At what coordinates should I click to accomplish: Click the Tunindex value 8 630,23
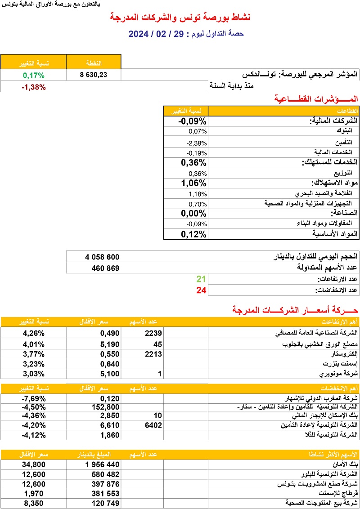pyautogui.click(x=94, y=75)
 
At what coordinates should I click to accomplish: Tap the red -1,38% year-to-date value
pyautogui.click(x=34, y=87)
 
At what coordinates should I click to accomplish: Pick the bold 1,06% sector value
pyautogui.click(x=193, y=183)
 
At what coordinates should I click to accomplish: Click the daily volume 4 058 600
pyautogui.click(x=102, y=257)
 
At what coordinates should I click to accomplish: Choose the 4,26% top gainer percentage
pyautogui.click(x=34, y=333)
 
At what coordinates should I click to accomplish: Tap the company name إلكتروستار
pyautogui.click(x=342, y=354)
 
